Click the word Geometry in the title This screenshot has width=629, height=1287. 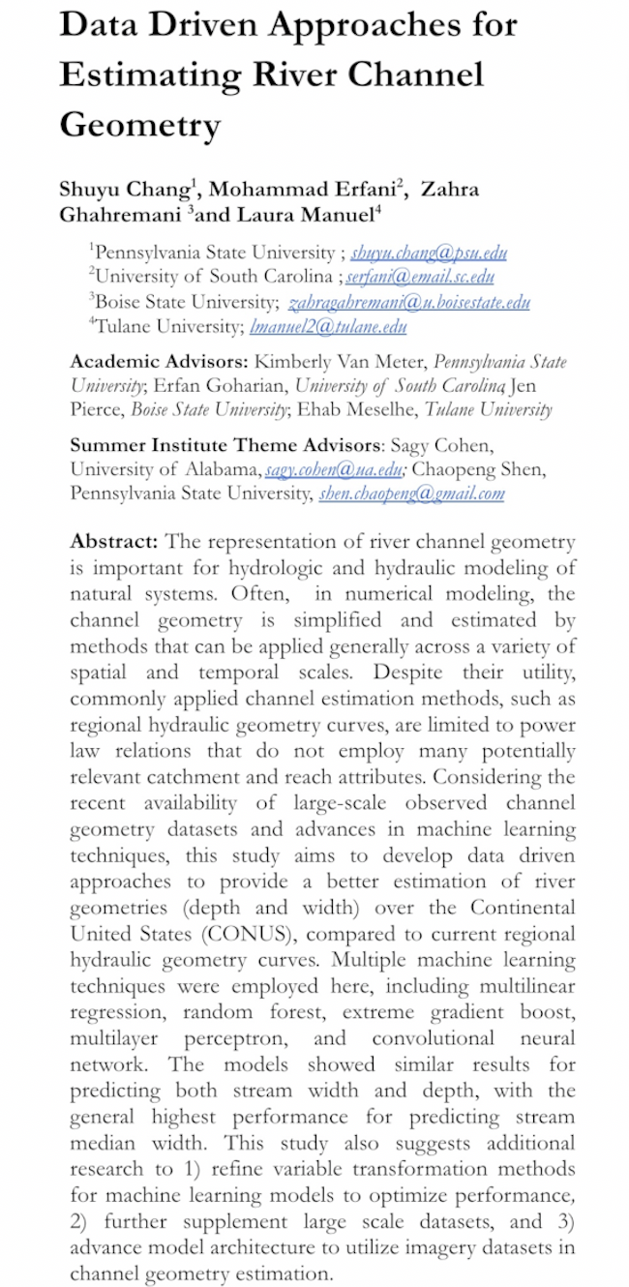pyautogui.click(x=139, y=124)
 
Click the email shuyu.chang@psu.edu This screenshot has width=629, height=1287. pyautogui.click(x=429, y=254)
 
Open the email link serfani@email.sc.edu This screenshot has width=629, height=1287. pyautogui.click(x=428, y=278)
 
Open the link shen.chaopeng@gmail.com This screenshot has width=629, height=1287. pyautogui.click(x=411, y=494)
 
